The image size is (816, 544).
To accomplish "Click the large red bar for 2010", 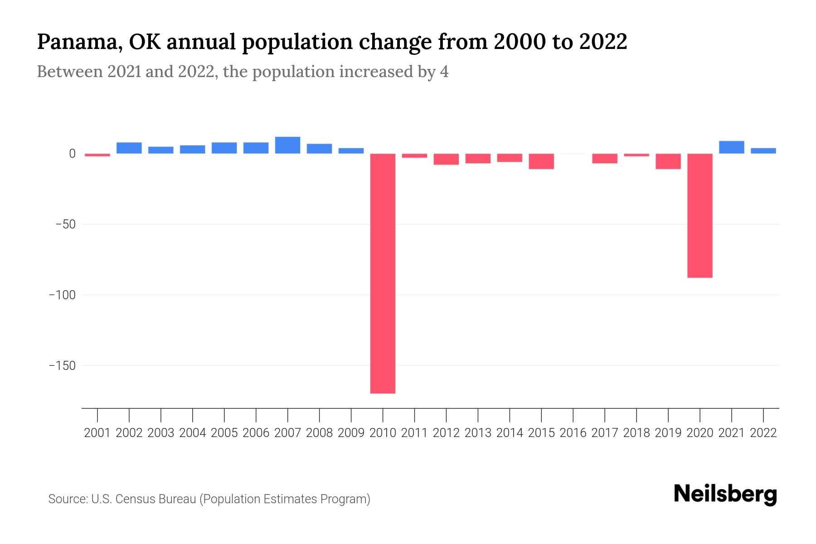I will pyautogui.click(x=383, y=273).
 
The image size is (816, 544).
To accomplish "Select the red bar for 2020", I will pyautogui.click(x=699, y=216).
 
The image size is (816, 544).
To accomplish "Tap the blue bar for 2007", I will pyautogui.click(x=287, y=146).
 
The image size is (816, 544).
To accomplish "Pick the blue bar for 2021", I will pyautogui.click(x=731, y=147).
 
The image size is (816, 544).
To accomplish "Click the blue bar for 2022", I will pyautogui.click(x=763, y=151).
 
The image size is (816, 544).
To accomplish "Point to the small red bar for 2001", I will pyautogui.click(x=97, y=155).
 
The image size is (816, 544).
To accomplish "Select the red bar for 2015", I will pyautogui.click(x=541, y=161).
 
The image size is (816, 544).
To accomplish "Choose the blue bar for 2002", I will pyautogui.click(x=129, y=148).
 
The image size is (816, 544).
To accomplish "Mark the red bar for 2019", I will pyautogui.click(x=668, y=161).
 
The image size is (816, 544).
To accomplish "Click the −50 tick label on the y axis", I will pyautogui.click(x=65, y=224).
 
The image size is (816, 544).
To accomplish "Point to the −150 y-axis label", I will pyautogui.click(x=63, y=365).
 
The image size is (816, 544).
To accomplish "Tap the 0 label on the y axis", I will pyautogui.click(x=72, y=154).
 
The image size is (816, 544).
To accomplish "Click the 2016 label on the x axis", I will pyautogui.click(x=573, y=433).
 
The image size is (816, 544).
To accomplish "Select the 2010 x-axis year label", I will pyautogui.click(x=383, y=433).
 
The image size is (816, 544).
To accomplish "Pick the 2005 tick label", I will pyautogui.click(x=224, y=433).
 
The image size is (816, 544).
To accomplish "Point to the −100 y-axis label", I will pyautogui.click(x=63, y=295).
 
